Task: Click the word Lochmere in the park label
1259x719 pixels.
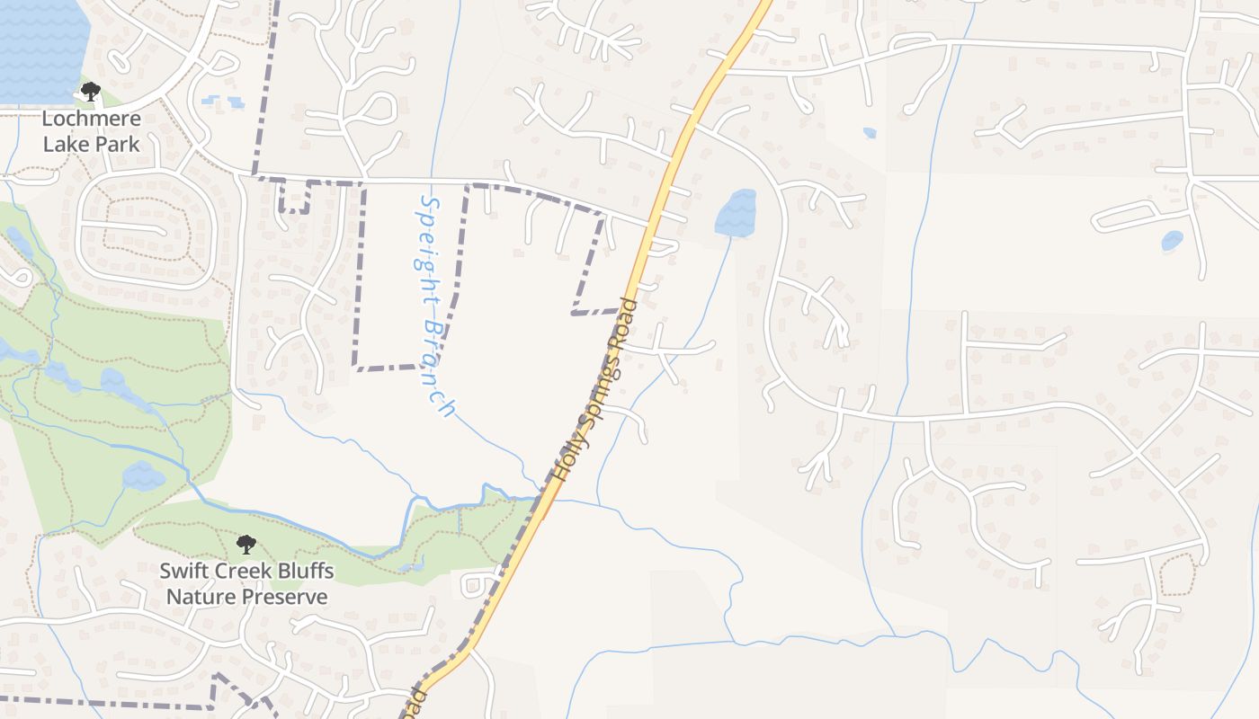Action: click(91, 119)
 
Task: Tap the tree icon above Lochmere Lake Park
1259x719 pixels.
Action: click(90, 92)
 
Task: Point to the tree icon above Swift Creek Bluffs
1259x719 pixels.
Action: click(246, 544)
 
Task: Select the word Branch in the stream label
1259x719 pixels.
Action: click(438, 368)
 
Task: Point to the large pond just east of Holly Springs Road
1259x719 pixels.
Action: click(736, 213)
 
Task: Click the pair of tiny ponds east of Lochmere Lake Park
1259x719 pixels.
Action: click(222, 102)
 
